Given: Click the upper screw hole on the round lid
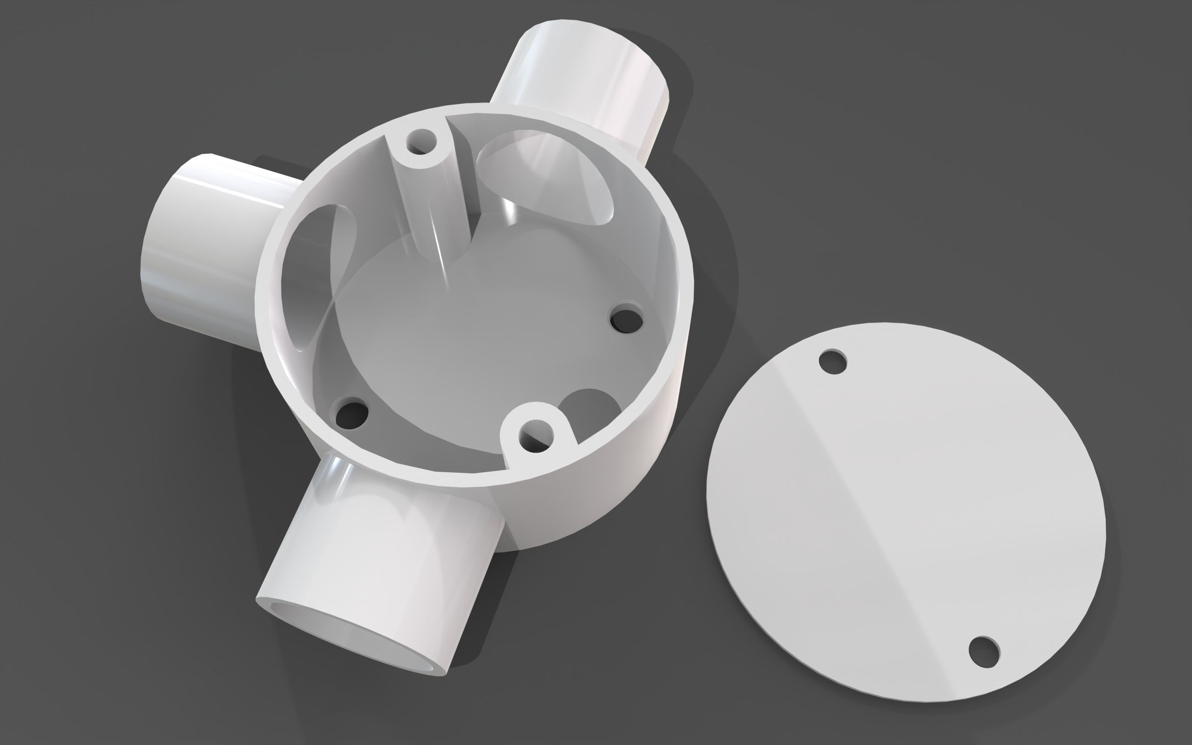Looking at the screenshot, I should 833,362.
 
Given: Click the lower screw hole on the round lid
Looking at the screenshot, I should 984,652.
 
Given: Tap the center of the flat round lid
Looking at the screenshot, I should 906,513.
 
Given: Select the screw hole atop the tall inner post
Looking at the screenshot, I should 421,142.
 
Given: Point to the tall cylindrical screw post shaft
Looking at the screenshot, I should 433,207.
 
